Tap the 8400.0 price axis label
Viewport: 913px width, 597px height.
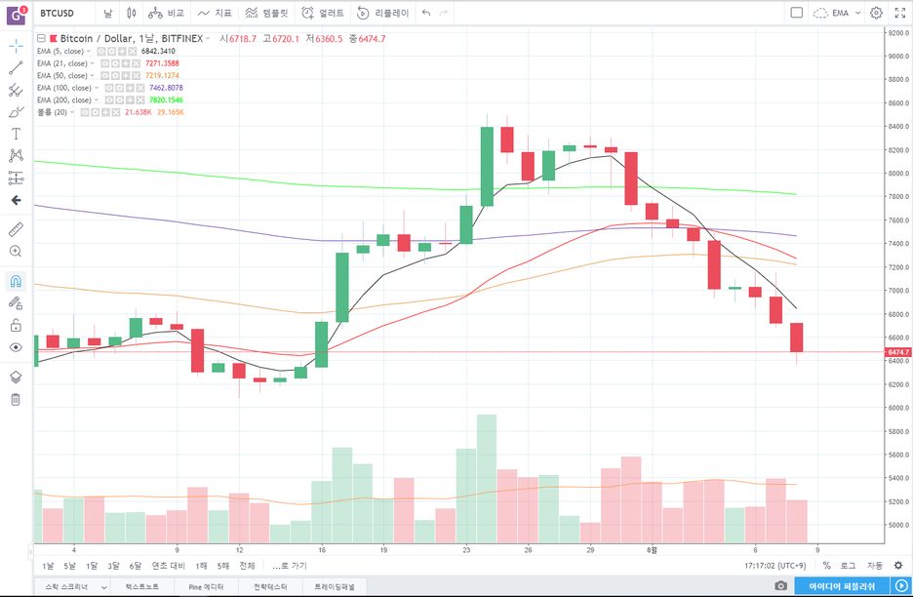898,127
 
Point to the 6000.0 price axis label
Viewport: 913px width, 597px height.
898,408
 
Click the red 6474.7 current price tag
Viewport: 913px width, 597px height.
897,351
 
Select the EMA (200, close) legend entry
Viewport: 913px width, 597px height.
64,99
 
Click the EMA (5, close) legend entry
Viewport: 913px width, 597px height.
61,51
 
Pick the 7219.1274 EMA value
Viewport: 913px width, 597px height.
162,75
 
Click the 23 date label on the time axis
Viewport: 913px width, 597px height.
467,549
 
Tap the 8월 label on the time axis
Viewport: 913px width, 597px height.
654,549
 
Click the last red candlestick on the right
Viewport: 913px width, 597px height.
797,338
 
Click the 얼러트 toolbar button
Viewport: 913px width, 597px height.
323,13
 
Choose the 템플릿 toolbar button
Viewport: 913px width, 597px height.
266,13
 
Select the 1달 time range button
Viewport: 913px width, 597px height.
92,566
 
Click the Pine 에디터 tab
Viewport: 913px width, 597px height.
206,586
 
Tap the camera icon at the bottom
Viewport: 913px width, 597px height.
781,586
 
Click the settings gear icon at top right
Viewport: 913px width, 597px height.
876,13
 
